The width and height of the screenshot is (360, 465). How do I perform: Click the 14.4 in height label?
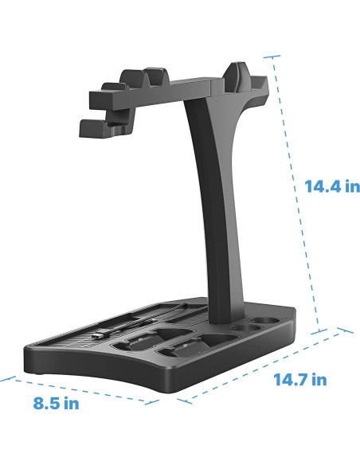tap(332, 186)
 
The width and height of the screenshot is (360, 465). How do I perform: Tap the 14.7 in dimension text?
tap(299, 379)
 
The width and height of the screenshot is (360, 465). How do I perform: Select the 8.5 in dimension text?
tap(56, 403)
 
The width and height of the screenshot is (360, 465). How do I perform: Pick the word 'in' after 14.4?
tap(350, 186)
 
